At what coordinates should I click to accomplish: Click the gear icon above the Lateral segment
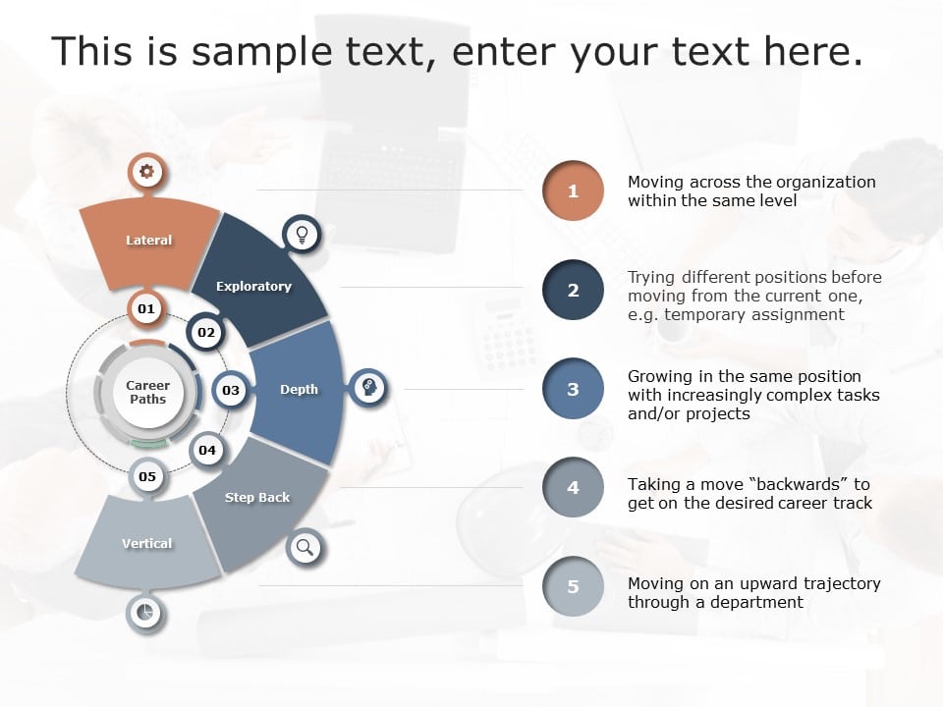[x=146, y=173]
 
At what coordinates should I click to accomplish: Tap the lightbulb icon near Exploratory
[x=303, y=234]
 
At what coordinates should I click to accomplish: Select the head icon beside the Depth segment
[x=368, y=389]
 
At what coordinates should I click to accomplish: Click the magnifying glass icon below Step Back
[x=305, y=547]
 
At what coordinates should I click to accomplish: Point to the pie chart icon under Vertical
[x=145, y=613]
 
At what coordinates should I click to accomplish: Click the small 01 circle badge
[x=146, y=309]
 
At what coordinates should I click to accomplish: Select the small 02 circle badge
[x=206, y=333]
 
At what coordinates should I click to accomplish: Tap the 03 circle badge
[x=231, y=390]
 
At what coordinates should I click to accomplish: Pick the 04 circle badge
[x=207, y=451]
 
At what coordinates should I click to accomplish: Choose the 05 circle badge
[x=147, y=477]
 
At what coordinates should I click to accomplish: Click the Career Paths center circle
[x=147, y=392]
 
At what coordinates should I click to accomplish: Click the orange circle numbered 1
[x=573, y=191]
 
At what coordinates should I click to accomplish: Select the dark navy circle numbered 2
[x=573, y=290]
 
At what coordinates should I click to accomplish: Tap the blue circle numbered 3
[x=573, y=389]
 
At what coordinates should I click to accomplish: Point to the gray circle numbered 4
[x=573, y=487]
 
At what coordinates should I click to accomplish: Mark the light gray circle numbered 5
[x=573, y=586]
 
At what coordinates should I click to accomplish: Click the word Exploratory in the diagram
[x=253, y=287]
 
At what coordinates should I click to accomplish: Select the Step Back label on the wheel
[x=257, y=498]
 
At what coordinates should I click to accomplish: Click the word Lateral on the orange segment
[x=148, y=241]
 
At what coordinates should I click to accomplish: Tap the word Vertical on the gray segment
[x=146, y=543]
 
